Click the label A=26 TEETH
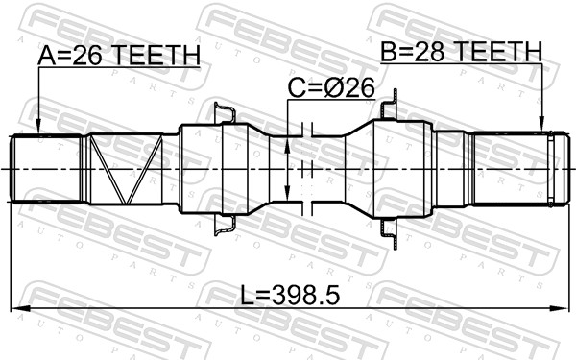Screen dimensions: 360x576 [x=120, y=57]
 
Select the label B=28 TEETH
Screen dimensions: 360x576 [x=461, y=52]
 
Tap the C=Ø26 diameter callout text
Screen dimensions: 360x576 [x=330, y=89]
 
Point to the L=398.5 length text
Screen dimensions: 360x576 [x=287, y=291]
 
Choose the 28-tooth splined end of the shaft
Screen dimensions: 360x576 [x=514, y=168]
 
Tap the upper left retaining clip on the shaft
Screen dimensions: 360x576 [x=225, y=114]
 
